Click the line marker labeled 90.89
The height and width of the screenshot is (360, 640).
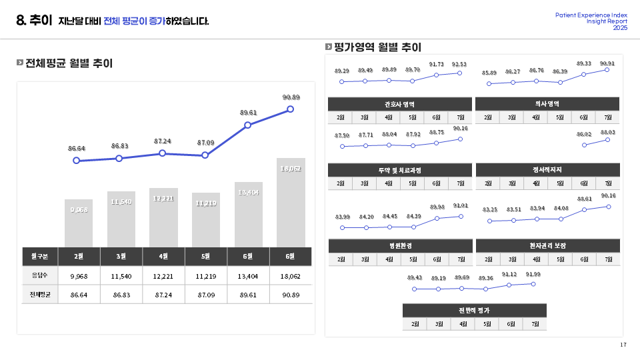290,109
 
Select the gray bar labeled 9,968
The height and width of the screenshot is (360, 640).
79,223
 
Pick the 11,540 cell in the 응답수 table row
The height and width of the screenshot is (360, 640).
121,275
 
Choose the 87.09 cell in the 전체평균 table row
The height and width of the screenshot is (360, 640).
206,294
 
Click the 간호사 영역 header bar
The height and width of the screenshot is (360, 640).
400,104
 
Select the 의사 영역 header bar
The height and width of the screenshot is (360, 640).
547,104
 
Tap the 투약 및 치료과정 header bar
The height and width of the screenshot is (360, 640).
400,170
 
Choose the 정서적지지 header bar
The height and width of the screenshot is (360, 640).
547,170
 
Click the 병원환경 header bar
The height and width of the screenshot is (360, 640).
400,246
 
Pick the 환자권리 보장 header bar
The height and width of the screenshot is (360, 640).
547,246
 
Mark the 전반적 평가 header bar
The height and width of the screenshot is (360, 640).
474,311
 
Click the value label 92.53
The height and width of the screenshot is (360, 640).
459,65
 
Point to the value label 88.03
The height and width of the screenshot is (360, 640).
607,133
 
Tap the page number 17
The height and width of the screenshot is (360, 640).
623,345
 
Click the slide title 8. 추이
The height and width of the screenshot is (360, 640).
34,21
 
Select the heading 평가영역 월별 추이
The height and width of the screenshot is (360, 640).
377,47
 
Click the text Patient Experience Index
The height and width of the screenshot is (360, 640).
591,15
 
